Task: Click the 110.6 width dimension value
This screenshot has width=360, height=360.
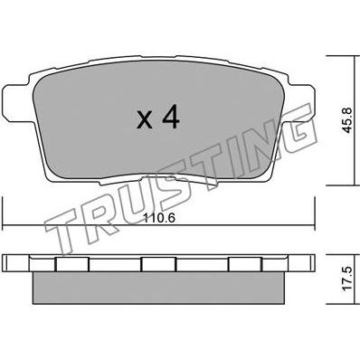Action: pyautogui.click(x=159, y=217)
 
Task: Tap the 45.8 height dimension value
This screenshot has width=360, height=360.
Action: pyautogui.click(x=347, y=120)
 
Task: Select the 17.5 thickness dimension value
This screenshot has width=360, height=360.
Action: pyautogui.click(x=347, y=279)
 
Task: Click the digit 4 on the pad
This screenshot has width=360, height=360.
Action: pyautogui.click(x=171, y=118)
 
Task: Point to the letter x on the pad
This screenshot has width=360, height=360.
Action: pyautogui.click(x=145, y=120)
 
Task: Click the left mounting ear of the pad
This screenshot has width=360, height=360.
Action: pyautogui.click(x=15, y=103)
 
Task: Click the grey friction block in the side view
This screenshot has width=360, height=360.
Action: pyautogui.click(x=158, y=288)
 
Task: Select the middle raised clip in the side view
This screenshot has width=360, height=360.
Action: pyautogui.click(x=158, y=264)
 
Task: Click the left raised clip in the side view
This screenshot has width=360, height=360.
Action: pyautogui.click(x=72, y=264)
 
